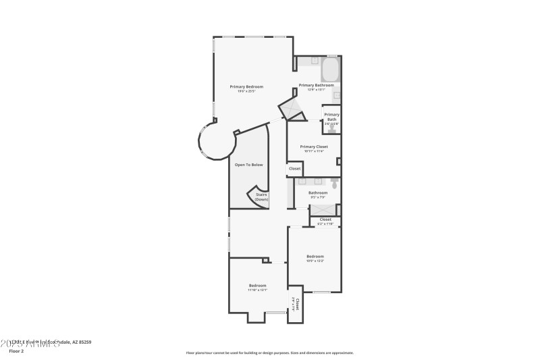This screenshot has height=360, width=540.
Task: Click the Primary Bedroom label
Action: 246,86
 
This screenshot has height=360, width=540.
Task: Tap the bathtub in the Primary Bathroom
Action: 330,70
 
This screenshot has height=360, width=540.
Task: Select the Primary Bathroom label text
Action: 316,85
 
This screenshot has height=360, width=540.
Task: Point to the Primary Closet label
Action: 313,147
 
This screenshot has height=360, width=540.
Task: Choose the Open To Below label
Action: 248,165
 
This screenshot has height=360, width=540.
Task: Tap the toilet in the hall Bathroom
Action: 334,182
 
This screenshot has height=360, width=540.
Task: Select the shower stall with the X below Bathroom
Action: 324,210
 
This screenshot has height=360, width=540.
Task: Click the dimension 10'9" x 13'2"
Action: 315,261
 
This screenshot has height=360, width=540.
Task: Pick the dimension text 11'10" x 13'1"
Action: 257,290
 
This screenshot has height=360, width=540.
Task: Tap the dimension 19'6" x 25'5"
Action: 246,91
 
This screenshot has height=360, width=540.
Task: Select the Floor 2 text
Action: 16,351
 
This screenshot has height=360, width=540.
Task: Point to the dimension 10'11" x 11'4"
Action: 313,151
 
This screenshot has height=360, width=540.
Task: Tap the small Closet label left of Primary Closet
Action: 294,169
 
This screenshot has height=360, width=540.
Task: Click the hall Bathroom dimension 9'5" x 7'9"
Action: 317,197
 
